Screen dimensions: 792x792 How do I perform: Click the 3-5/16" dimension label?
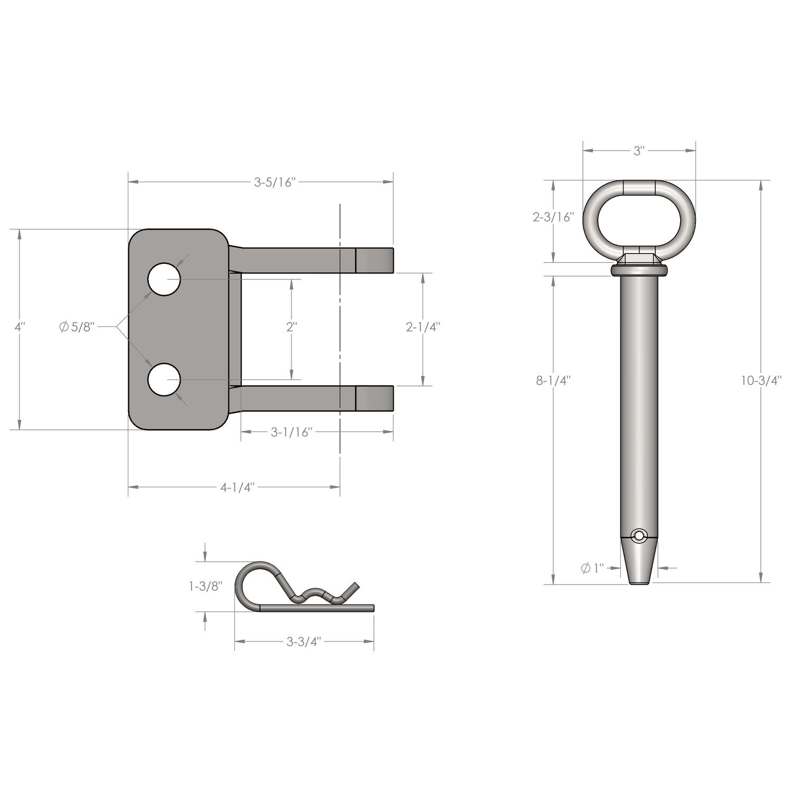click(274, 183)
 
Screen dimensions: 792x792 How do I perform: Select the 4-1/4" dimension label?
click(238, 487)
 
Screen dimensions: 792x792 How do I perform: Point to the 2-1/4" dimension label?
click(423, 327)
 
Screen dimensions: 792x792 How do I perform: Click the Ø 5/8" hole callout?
click(77, 327)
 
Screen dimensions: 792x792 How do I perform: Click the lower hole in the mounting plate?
click(164, 380)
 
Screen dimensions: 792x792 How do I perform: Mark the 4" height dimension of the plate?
click(20, 327)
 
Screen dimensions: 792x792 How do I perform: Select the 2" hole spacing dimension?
click(291, 327)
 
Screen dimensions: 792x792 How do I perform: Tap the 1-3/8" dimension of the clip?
click(205, 586)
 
